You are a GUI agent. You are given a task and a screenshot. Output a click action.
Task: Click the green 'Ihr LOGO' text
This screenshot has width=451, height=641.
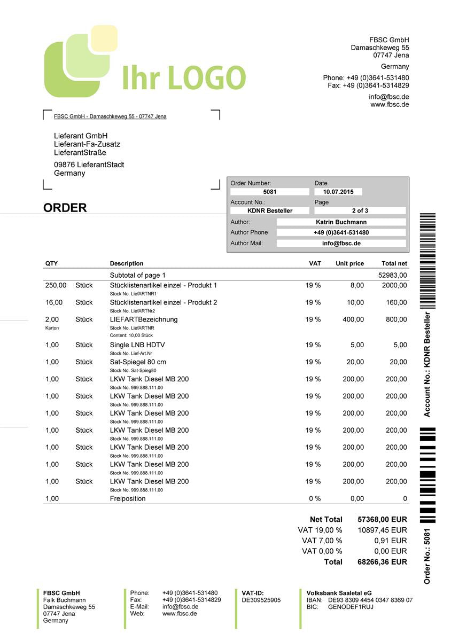click(x=184, y=79)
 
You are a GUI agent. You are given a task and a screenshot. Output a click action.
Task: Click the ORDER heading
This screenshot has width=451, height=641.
click(x=65, y=208)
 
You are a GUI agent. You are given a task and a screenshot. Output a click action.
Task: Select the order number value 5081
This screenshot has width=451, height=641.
click(x=270, y=192)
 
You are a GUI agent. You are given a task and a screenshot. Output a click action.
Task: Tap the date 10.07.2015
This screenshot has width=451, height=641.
click(x=338, y=192)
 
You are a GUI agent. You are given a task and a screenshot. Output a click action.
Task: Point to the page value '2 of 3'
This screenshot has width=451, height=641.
click(x=360, y=211)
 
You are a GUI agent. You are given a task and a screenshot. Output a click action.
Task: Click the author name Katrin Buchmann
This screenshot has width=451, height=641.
click(x=341, y=222)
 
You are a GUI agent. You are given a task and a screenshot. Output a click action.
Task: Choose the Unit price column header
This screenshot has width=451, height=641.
click(x=349, y=263)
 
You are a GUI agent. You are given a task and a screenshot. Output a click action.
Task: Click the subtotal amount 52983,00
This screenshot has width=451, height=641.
click(x=392, y=275)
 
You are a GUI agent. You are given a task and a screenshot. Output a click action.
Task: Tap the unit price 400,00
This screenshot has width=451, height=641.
click(x=353, y=319)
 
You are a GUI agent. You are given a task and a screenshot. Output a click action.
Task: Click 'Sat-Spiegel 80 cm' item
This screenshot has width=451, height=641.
click(x=138, y=362)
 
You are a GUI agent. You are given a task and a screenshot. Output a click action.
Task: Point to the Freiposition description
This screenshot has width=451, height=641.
click(x=128, y=499)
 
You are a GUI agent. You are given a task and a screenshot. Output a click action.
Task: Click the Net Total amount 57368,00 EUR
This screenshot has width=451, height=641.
click(x=382, y=519)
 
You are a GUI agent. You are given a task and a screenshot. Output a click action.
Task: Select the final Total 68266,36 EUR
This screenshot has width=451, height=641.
click(x=382, y=562)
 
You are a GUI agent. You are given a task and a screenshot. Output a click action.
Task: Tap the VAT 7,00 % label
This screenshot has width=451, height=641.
click(x=322, y=541)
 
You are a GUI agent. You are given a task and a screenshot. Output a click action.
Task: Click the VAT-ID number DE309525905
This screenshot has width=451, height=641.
click(x=261, y=600)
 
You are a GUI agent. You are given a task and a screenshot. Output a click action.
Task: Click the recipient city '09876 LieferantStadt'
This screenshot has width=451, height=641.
click(x=89, y=165)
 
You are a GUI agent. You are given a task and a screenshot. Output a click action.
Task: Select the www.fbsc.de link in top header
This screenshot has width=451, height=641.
click(x=390, y=105)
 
